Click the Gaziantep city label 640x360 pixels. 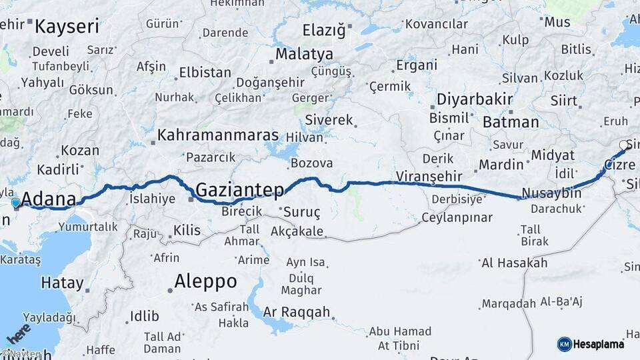(x=240, y=190)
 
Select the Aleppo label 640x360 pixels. (x=205, y=281)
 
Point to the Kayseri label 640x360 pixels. (x=67, y=27)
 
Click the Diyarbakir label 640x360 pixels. (x=474, y=99)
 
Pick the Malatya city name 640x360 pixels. (x=304, y=53)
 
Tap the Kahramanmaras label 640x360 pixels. (x=217, y=135)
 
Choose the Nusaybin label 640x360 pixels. (x=551, y=193)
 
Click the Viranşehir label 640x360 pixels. (x=429, y=176)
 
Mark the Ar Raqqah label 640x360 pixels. (x=297, y=311)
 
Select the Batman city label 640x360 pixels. (x=511, y=122)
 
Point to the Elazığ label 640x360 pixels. (x=325, y=30)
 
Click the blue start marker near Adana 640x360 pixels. (x=15, y=202)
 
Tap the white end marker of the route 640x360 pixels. (x=623, y=145)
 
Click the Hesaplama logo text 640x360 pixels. (x=599, y=344)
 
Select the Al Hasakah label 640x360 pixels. (x=514, y=263)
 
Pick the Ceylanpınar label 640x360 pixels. (x=457, y=217)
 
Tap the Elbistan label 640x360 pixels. (x=205, y=72)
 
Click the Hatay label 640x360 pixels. (x=63, y=283)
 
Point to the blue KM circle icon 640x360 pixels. (x=565, y=344)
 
